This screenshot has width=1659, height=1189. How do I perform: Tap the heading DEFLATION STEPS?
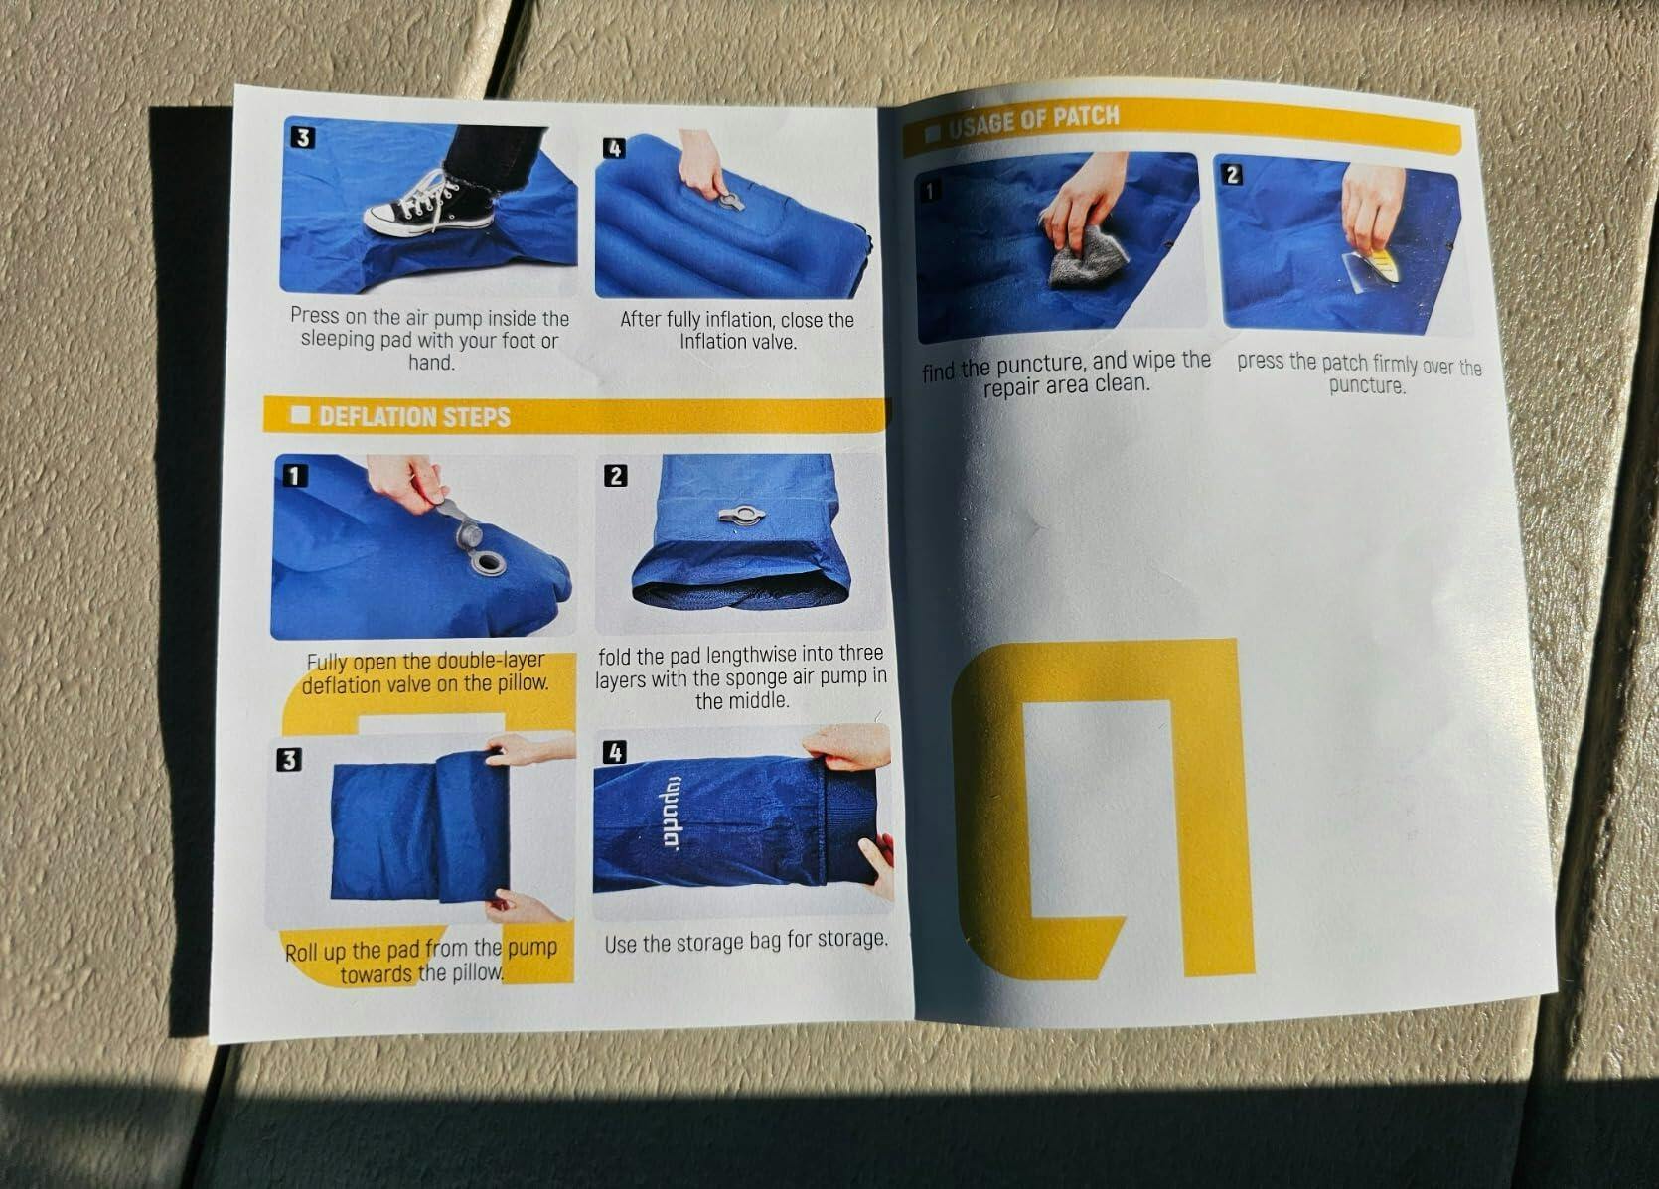pos(414,417)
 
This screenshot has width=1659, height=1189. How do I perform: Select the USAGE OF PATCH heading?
pos(1034,122)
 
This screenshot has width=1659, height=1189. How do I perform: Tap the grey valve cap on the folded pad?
pos(741,516)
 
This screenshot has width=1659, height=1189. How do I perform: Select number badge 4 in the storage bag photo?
pos(615,752)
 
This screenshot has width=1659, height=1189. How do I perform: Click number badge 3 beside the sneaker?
pos(302,138)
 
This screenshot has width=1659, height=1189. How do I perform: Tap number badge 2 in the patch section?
pos(1233,174)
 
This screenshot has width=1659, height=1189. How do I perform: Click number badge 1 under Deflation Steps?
pos(295,476)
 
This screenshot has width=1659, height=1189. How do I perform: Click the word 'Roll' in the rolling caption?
pos(301,952)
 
